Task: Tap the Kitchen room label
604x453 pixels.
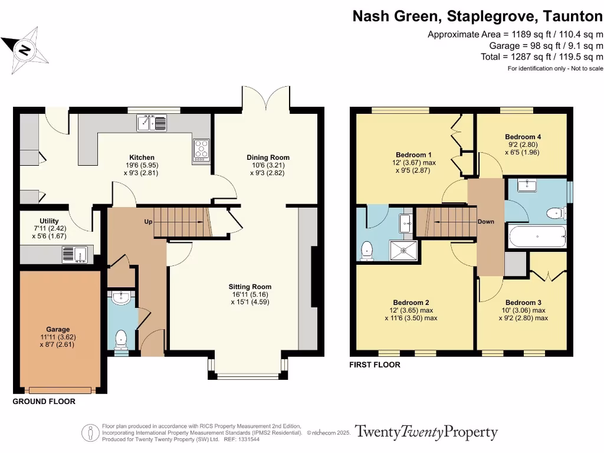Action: tap(142, 157)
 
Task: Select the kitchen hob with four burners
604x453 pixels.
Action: tap(201, 150)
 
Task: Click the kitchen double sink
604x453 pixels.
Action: tap(152, 123)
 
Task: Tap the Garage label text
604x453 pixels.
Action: tap(58, 330)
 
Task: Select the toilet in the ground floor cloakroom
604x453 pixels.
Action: tap(121, 339)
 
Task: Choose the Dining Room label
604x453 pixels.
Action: tap(268, 157)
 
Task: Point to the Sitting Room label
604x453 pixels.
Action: tap(250, 287)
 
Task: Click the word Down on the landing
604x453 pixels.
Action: tap(486, 222)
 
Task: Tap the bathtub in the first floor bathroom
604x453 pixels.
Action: tap(537, 237)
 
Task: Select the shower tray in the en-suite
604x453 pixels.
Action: tap(405, 250)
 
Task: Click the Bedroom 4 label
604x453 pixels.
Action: tap(523, 137)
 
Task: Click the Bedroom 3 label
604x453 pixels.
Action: tap(523, 302)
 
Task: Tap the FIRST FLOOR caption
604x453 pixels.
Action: tap(375, 365)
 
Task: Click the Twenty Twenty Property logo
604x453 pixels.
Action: tap(426, 432)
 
